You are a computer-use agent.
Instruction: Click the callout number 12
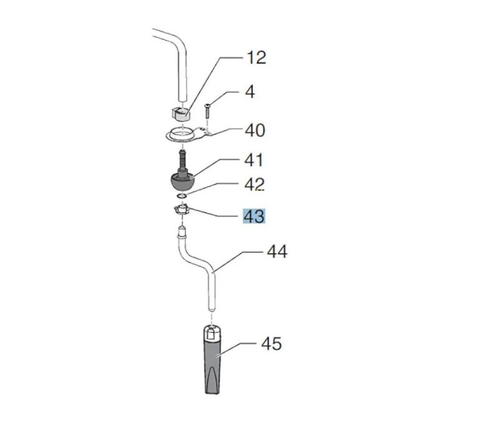pos(256,58)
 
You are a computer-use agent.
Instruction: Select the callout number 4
pos(250,92)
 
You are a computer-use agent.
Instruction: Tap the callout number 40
pos(254,130)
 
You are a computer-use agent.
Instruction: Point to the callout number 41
pos(254,160)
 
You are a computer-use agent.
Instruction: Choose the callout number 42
pos(254,185)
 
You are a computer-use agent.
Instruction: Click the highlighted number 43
pos(254,216)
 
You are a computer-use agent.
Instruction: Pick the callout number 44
pos(277,252)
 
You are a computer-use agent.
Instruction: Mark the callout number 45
pos(271,343)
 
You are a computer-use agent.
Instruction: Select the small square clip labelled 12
pos(180,113)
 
